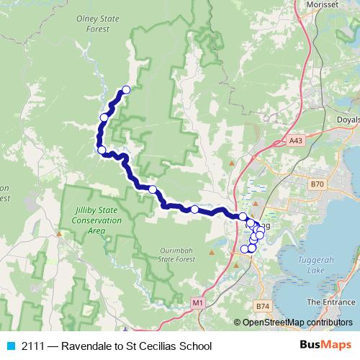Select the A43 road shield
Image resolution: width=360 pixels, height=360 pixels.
coord(296,140)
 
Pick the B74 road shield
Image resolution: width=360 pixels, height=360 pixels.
coord(262,306)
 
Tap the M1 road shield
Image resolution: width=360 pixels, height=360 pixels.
coord(198,304)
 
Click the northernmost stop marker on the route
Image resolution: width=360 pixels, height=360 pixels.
coord(126,90)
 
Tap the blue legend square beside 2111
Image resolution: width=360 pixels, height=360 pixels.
coord(10,346)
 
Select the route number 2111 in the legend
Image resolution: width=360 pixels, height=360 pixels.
coord(32,346)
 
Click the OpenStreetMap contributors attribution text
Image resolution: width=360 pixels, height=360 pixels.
coord(297,323)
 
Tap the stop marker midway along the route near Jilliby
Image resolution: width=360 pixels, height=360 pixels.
coord(153,189)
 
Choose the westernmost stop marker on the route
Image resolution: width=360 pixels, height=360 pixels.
coord(102,150)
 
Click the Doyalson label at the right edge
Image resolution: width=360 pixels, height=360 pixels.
coord(348,120)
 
